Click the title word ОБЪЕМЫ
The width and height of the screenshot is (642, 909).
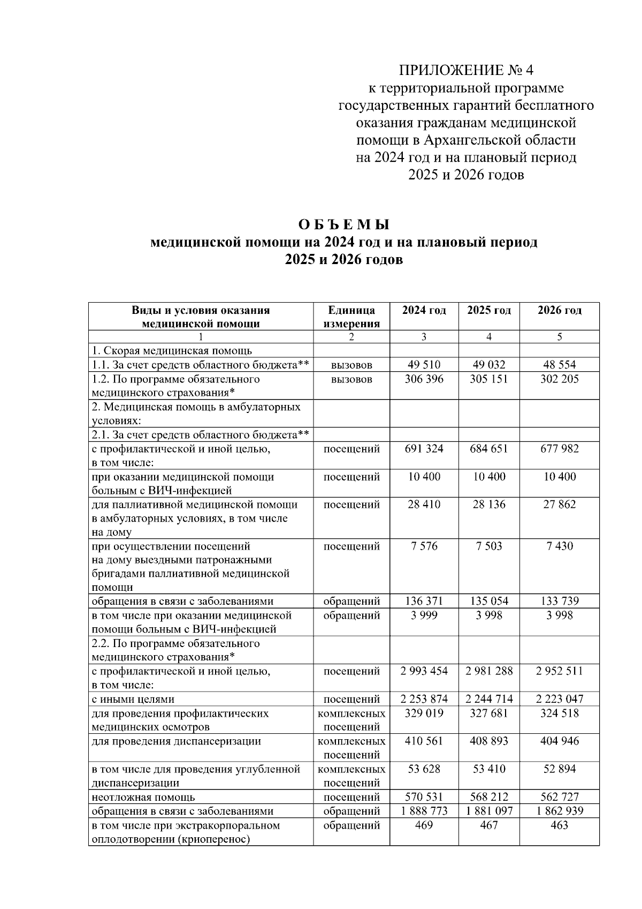pos(343,224)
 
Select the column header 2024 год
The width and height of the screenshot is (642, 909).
pos(424,311)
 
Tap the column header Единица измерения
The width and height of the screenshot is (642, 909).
pos(351,317)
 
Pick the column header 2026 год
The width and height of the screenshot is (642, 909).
pos(559,311)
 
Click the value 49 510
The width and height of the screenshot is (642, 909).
pos(424,365)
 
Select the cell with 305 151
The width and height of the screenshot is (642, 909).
pos(489,379)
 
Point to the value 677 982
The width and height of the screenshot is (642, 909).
pos(559,449)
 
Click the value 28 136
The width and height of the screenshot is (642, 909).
pos(489,505)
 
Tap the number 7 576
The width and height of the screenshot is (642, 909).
pos(424,546)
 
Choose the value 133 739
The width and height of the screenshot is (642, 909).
pos(559,602)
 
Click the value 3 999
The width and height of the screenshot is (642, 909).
pos(424,616)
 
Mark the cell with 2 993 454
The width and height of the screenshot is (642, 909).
pos(424,671)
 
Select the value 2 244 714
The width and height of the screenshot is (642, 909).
pos(489,699)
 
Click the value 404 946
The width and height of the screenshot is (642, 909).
pos(559,741)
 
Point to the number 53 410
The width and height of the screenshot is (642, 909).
pos(489,769)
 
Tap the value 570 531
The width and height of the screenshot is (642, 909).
pos(424,797)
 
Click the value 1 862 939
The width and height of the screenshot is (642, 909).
pos(559,811)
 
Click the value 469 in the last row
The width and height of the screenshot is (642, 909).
pos(424,825)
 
